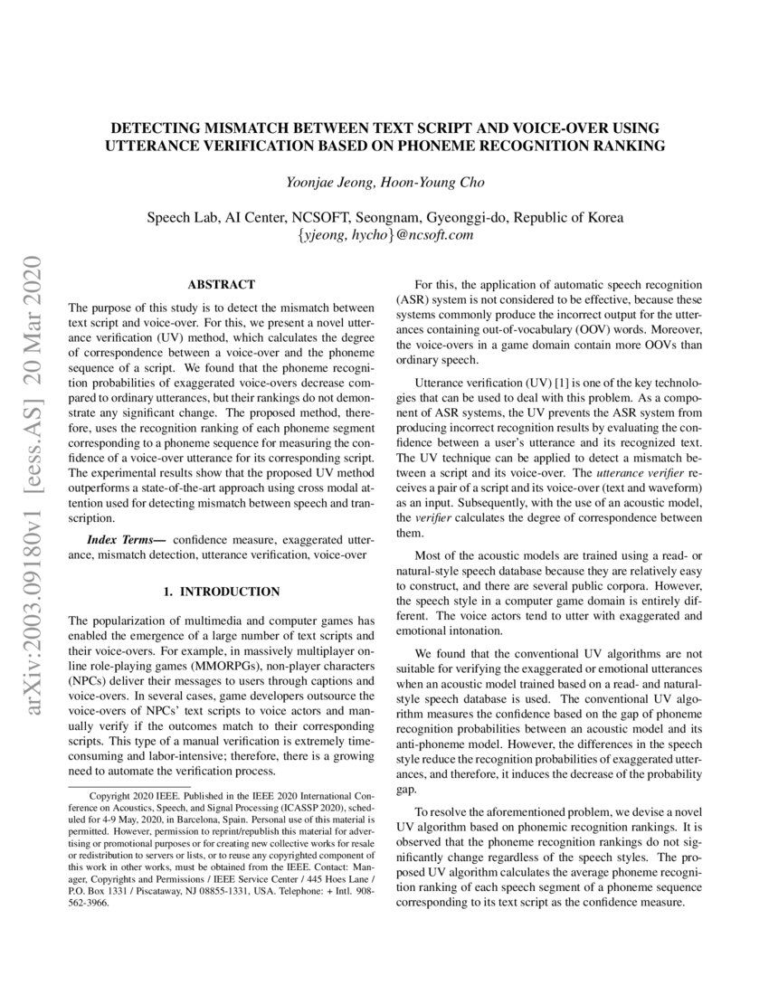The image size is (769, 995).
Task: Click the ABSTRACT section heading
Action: (221, 284)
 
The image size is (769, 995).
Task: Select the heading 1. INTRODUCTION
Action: (221, 592)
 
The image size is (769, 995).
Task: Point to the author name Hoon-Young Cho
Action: (432, 183)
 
